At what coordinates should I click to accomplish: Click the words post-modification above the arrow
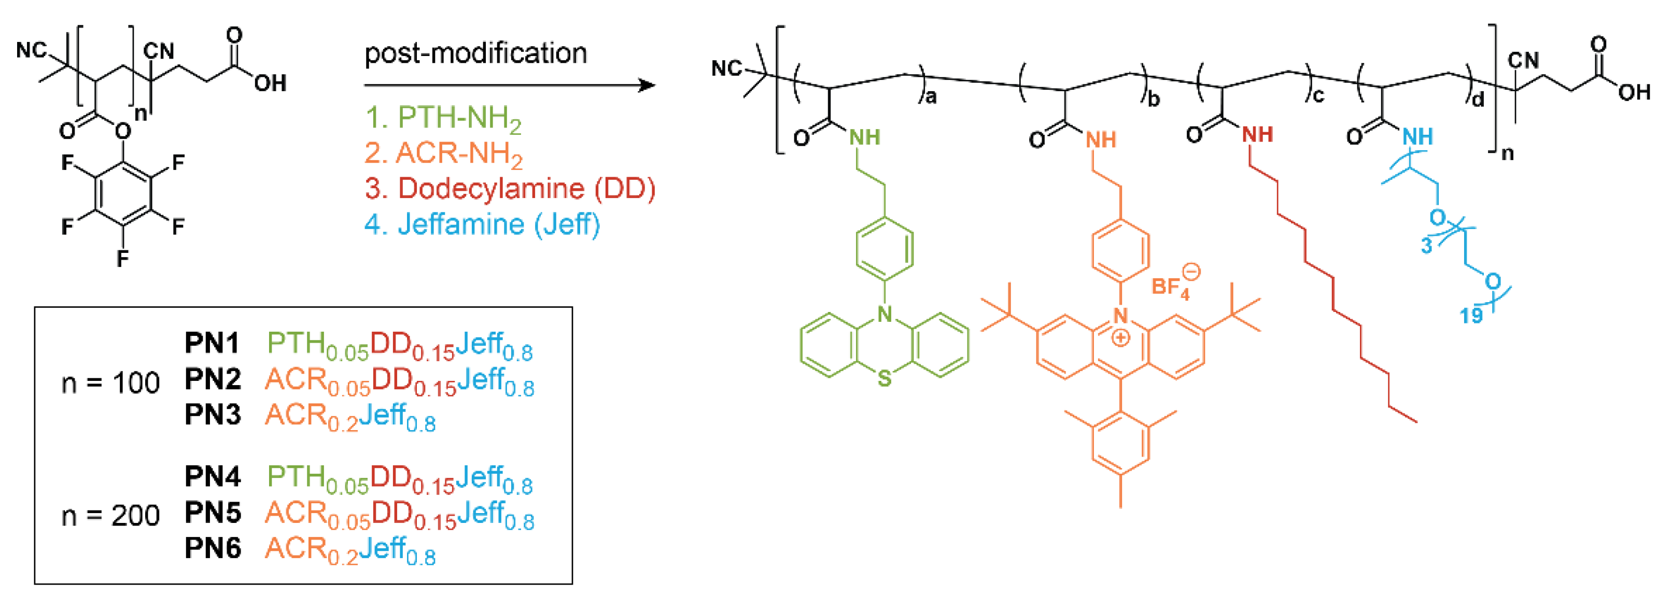click(x=475, y=53)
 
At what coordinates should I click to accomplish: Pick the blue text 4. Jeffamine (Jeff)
click(x=483, y=224)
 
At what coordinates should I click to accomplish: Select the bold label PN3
click(x=212, y=415)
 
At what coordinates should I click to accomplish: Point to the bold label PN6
click(x=212, y=548)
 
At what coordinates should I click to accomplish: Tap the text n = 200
click(x=110, y=516)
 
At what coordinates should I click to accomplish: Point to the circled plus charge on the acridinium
click(x=1120, y=337)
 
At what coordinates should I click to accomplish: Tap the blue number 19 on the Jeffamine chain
click(x=1471, y=316)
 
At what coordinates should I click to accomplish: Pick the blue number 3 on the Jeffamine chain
click(x=1426, y=246)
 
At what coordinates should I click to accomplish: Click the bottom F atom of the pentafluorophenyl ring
click(x=122, y=259)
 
